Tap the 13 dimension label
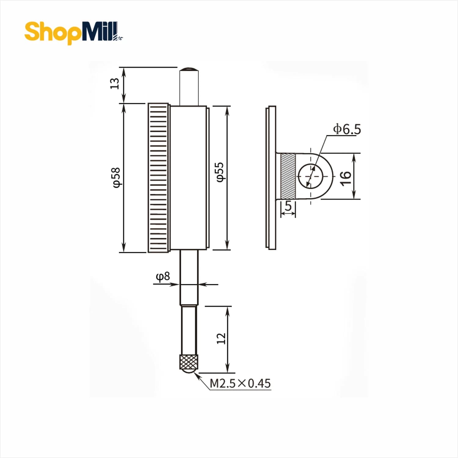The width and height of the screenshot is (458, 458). click(x=114, y=83)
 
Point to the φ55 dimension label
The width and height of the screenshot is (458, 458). click(x=220, y=172)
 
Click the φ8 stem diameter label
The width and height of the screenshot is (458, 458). click(x=163, y=277)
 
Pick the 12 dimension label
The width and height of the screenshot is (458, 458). click(x=221, y=338)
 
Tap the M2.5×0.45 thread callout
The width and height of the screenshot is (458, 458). click(x=240, y=383)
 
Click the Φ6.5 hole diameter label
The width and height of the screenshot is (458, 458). click(x=347, y=129)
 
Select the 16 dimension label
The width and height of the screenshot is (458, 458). click(x=345, y=178)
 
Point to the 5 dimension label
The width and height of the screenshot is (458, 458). click(x=288, y=206)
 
